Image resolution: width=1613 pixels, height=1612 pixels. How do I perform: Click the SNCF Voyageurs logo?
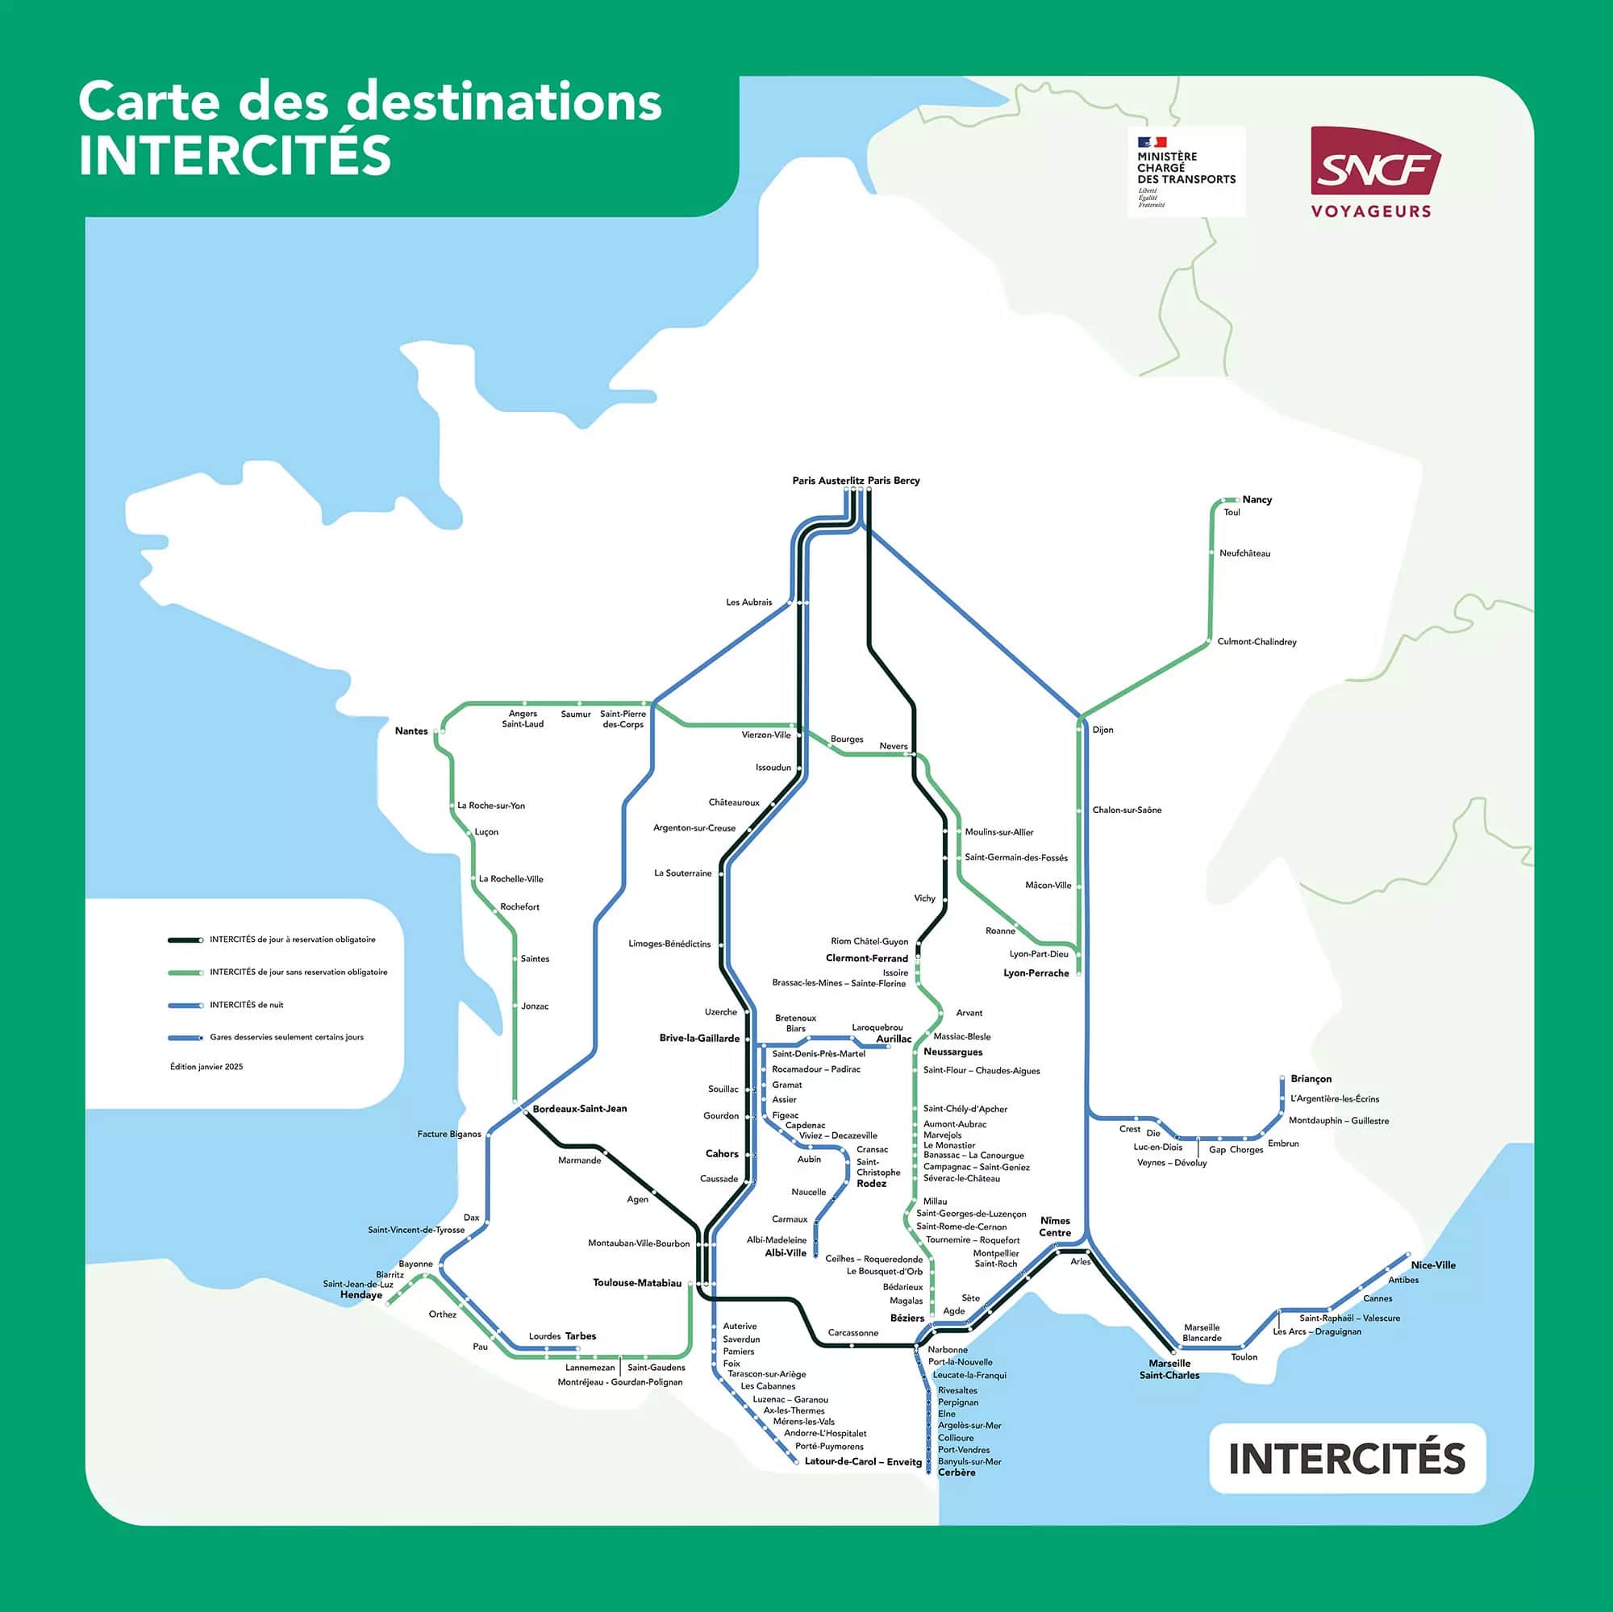[x=1375, y=172]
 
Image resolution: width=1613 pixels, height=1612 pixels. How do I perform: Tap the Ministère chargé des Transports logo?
[x=1186, y=171]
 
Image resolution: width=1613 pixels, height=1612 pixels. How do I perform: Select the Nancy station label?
[x=1257, y=499]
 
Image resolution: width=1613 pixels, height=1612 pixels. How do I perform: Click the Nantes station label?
[x=411, y=731]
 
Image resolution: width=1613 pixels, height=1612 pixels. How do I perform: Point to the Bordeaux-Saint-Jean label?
[x=579, y=1108]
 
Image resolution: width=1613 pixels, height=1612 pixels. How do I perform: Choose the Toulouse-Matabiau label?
[x=637, y=1282]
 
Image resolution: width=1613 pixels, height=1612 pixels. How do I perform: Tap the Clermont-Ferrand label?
[x=867, y=957]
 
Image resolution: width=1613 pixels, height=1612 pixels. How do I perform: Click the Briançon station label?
[x=1311, y=1078]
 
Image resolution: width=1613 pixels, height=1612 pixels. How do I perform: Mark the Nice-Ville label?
[x=1432, y=1264]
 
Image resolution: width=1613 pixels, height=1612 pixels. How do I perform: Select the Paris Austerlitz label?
[x=827, y=480]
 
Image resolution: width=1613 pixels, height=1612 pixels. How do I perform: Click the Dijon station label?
[x=1102, y=730]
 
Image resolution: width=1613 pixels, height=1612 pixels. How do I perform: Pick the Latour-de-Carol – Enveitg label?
[x=862, y=1461]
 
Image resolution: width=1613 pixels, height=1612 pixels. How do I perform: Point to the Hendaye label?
[x=361, y=1295]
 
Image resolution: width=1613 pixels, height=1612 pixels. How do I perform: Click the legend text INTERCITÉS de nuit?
[x=246, y=1004]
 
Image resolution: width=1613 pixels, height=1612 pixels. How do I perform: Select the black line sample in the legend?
[x=185, y=940]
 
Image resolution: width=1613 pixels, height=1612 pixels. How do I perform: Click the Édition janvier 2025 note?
[x=206, y=1066]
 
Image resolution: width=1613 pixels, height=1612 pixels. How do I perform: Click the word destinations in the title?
[x=503, y=102]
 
